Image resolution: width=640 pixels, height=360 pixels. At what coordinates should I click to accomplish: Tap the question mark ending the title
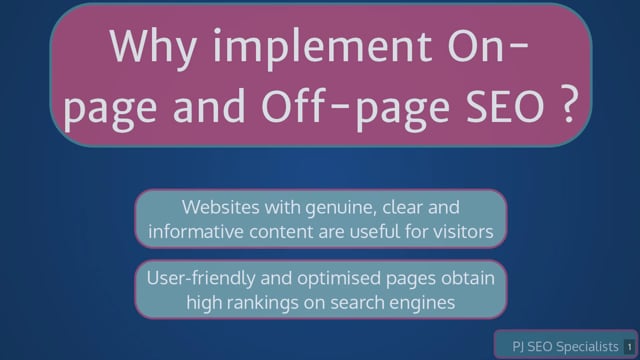[569, 104]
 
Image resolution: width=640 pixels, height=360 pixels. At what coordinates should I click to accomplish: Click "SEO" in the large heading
[506, 104]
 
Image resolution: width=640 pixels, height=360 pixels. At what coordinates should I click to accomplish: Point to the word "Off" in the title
[294, 104]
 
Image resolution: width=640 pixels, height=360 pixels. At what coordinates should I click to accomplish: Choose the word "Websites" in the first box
[220, 207]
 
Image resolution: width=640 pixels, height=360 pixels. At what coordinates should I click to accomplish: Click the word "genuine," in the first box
[340, 208]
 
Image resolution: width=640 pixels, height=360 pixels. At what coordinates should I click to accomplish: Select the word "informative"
[196, 231]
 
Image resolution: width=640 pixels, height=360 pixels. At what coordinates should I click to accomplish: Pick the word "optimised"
[338, 280]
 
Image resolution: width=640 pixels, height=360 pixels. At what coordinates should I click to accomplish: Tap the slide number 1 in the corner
[629, 347]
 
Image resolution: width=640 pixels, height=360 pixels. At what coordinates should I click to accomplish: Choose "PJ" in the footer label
[518, 347]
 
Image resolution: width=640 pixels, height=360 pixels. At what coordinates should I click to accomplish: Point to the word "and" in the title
[209, 104]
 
